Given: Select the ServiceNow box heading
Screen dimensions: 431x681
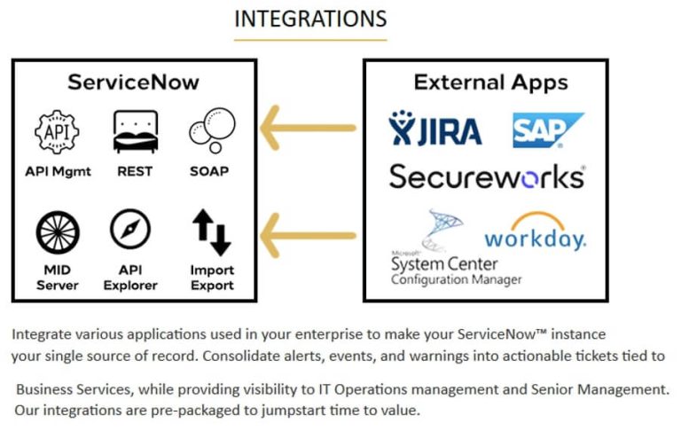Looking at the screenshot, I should click(x=134, y=83).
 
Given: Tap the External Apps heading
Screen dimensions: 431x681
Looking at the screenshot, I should click(x=490, y=83).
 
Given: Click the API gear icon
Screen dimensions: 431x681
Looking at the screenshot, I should click(x=58, y=132).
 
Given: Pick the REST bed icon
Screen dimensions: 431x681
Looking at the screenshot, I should click(x=135, y=132).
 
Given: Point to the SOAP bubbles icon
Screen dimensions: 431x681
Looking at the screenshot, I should click(x=211, y=131).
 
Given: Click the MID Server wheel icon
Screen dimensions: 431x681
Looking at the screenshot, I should click(x=58, y=231).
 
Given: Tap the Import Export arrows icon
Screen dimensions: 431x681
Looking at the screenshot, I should click(x=212, y=231).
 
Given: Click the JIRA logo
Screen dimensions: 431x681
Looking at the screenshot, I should click(x=435, y=129).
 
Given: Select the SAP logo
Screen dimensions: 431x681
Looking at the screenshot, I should click(x=547, y=129).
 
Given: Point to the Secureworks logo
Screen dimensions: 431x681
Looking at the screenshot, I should click(x=487, y=176).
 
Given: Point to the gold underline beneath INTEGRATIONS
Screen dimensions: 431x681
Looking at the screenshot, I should click(x=310, y=40).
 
